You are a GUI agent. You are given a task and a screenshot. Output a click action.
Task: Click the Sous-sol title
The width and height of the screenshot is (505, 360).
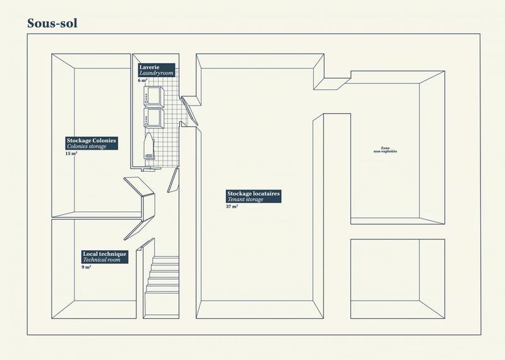point(52,23)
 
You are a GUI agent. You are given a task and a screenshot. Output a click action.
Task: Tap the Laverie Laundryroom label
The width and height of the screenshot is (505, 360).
point(155,70)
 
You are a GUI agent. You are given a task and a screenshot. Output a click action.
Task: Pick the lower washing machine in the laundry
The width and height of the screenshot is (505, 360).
point(153,118)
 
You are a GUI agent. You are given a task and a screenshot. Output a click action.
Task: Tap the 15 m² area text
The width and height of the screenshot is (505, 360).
point(71,153)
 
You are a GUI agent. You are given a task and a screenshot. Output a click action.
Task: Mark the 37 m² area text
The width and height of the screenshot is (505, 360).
point(231,207)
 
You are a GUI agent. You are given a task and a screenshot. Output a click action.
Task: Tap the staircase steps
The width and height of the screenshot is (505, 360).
point(163,280)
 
